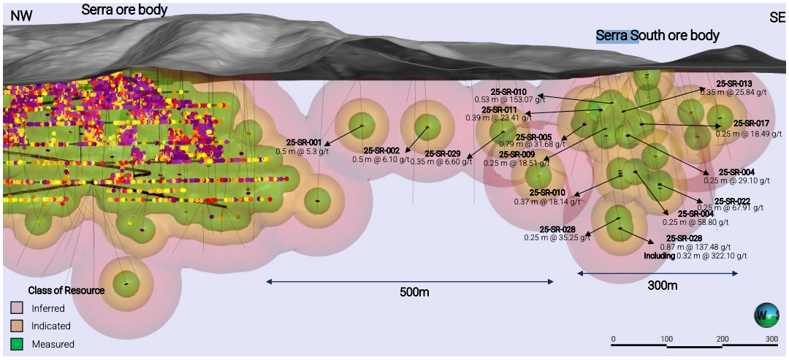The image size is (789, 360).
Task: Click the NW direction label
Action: [x=22, y=15]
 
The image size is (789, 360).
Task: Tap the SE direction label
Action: [x=777, y=17]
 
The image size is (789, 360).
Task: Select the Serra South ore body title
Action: [x=657, y=35]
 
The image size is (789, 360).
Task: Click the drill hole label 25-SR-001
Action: [x=304, y=142]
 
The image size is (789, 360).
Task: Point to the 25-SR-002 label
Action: [x=381, y=150]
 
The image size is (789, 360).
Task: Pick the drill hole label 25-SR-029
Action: [x=443, y=154]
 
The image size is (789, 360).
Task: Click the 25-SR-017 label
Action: [x=751, y=123]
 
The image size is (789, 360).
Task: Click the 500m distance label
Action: [x=413, y=293]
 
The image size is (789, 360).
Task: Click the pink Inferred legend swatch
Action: [x=18, y=308]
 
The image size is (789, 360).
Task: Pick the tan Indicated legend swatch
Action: [x=18, y=326]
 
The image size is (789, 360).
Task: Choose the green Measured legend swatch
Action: [x=18, y=344]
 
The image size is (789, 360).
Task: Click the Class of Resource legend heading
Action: [x=66, y=291]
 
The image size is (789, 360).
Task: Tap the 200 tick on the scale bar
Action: [x=722, y=339]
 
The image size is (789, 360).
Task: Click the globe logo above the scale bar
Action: [x=768, y=315]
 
